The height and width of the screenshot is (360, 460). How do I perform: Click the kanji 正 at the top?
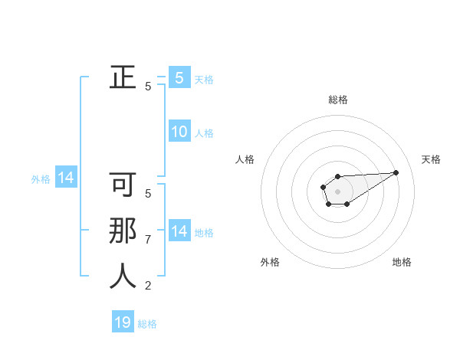pos(123,77)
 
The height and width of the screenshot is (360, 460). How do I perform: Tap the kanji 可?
pos(123,185)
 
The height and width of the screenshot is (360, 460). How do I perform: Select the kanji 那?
pos(123,231)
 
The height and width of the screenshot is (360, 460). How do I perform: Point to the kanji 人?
pos(123,276)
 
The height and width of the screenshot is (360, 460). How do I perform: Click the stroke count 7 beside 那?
pos(148,240)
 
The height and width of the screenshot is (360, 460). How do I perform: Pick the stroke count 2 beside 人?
pos(148,286)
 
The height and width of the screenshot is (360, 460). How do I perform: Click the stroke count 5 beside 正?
pos(148,87)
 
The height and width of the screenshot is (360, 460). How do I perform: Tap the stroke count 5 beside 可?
pos(148,194)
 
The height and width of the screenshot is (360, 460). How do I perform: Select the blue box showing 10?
pos(179,132)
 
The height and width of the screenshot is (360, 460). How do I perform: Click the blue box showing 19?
pos(123,322)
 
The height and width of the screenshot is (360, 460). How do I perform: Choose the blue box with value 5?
pos(179,77)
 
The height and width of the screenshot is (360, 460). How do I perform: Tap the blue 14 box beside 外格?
pos(66,178)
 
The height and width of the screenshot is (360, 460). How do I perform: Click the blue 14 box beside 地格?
pos(179,231)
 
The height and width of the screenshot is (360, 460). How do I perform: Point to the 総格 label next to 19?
pos(147,324)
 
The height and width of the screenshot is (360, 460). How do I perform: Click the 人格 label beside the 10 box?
pos(204,133)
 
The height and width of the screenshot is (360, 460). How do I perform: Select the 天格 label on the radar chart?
pos(431,159)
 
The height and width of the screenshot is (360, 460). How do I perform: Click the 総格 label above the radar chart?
pos(338,100)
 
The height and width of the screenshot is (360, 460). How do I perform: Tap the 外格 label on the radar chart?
pos(270,262)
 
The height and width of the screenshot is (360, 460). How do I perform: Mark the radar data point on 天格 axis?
pos(396,172)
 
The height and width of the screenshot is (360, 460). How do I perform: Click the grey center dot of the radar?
pos(338,191)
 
